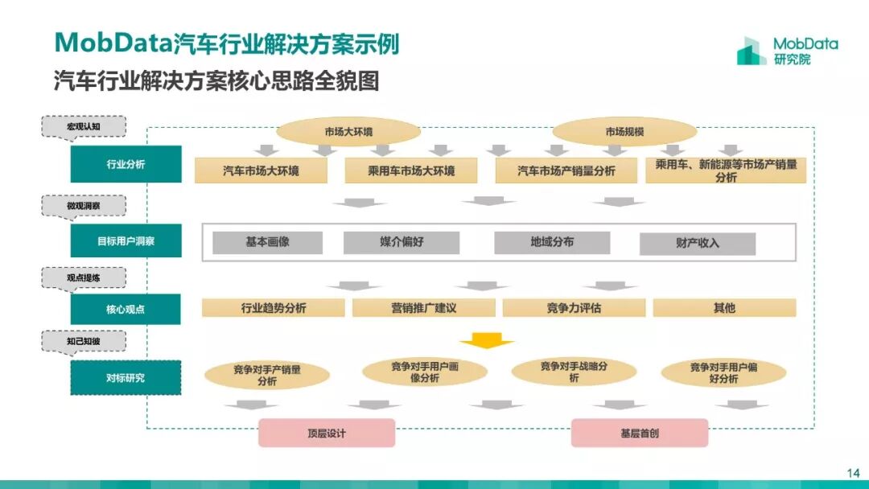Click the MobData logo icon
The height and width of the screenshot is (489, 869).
tap(752, 51)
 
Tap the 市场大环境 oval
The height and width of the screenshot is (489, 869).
tap(348, 132)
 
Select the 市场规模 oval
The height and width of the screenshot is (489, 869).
tap(624, 132)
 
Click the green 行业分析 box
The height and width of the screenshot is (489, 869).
tap(126, 164)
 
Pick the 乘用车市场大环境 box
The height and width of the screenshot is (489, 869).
tap(411, 171)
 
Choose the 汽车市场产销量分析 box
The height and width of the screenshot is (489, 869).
tap(566, 171)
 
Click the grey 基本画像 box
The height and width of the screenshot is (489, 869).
tap(267, 242)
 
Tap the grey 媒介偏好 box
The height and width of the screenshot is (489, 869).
tap(402, 242)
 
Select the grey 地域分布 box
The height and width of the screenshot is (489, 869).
tap(552, 242)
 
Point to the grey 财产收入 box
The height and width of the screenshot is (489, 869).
tap(698, 243)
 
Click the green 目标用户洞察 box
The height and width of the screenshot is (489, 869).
tap(126, 241)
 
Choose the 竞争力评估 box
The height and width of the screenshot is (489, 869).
tap(574, 308)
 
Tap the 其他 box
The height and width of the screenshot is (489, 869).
tap(724, 308)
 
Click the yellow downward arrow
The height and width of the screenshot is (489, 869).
tap(486, 340)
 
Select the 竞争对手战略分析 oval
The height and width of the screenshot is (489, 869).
tap(574, 371)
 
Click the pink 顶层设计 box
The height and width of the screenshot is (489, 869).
tap(327, 433)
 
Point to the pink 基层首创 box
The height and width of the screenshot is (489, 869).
tap(640, 433)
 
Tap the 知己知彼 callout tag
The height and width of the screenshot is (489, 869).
tap(84, 341)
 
